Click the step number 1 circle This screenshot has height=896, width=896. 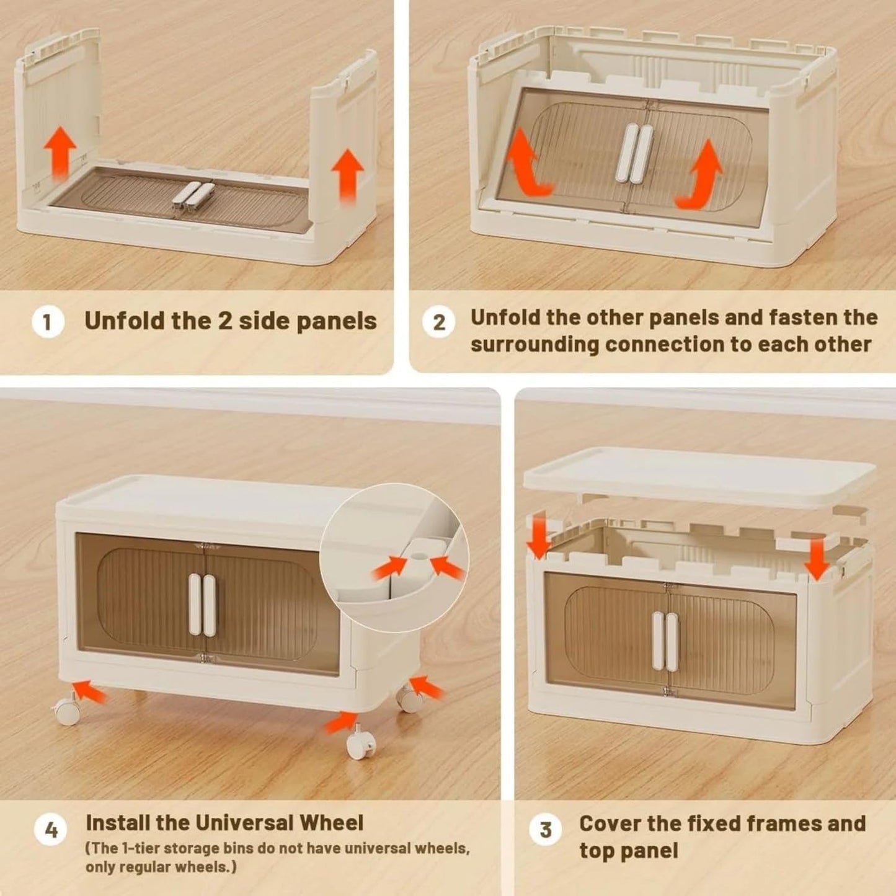[x=48, y=322]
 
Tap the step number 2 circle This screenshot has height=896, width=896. [x=438, y=322]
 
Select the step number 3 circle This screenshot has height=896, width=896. [x=546, y=830]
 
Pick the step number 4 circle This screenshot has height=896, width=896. [x=50, y=830]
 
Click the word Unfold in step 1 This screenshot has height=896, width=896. [x=125, y=321]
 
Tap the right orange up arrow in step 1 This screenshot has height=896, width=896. [x=347, y=175]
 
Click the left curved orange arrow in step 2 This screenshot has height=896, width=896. [x=529, y=165]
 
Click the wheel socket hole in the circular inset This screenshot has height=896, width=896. [x=420, y=555]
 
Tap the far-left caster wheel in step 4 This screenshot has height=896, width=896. [x=67, y=711]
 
